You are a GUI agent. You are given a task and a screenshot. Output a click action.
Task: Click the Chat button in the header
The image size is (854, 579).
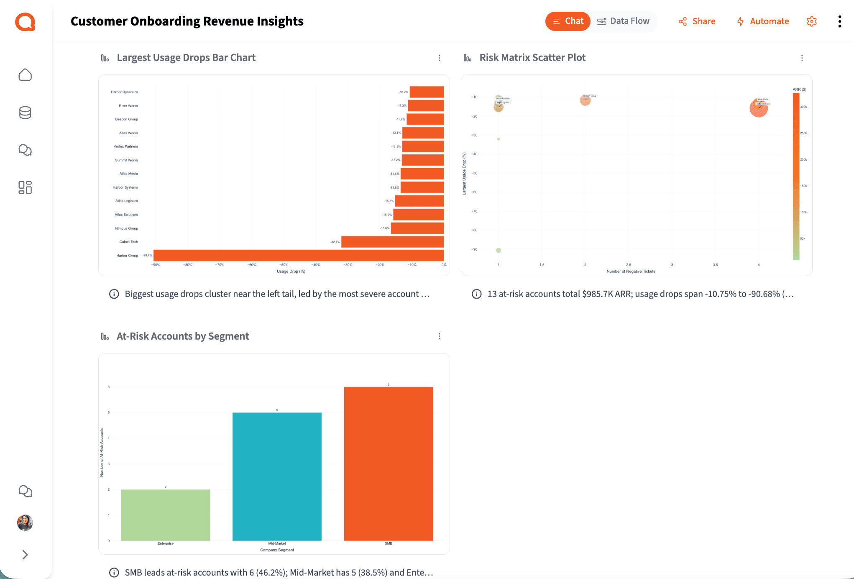568,21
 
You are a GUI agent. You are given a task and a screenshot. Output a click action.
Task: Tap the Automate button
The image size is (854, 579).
763,21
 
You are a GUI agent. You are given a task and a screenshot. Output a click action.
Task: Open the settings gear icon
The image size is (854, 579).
811,21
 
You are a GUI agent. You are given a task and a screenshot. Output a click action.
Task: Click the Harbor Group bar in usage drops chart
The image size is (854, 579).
299,255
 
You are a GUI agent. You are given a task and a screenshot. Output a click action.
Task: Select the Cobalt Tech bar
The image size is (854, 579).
392,242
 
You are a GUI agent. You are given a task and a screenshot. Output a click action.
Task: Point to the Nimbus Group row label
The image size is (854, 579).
126,228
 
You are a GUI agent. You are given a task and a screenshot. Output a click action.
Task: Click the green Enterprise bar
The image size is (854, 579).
166,515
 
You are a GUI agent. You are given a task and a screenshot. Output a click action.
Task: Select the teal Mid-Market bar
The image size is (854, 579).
277,477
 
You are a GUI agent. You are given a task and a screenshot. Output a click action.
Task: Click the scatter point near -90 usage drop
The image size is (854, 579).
499,250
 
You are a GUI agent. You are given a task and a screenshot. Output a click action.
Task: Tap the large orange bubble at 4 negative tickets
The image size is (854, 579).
758,108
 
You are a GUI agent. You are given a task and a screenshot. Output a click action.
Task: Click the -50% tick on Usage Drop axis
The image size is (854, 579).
284,265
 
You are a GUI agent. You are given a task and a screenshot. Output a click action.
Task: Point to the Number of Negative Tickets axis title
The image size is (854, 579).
631,272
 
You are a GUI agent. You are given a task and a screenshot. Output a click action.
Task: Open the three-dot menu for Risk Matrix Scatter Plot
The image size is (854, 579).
802,58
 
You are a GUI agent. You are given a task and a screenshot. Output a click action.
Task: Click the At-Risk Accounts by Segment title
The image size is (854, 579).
183,336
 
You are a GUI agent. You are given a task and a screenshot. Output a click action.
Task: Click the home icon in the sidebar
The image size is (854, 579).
25,75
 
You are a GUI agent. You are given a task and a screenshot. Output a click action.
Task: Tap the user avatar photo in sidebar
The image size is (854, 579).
25,523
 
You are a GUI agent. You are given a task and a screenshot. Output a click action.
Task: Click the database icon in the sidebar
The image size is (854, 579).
25,113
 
